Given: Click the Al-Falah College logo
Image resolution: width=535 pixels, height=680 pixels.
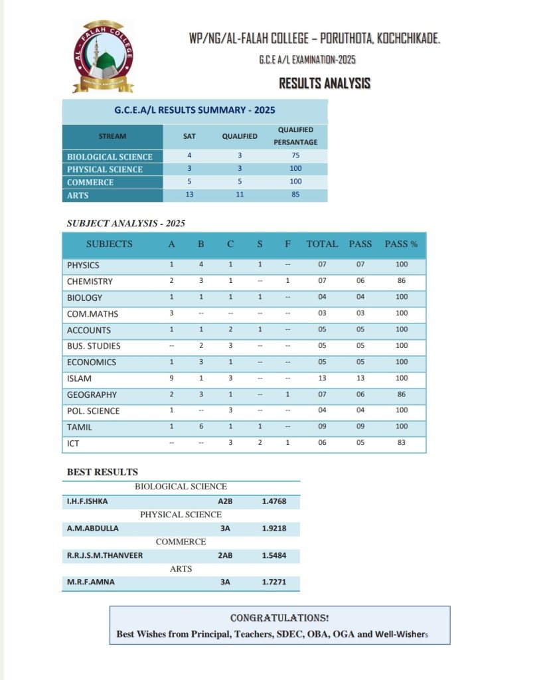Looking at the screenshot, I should tap(103, 56).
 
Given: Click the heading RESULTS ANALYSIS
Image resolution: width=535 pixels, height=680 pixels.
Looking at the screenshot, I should tap(324, 84).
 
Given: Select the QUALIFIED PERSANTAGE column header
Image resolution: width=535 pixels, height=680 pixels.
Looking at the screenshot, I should tap(295, 136).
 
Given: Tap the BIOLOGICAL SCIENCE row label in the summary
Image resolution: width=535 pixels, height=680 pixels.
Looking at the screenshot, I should tap(110, 157).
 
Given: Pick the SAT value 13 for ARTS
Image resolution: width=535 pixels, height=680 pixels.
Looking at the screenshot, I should tap(189, 195).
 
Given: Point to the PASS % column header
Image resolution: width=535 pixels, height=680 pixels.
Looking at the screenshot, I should tap(401, 244).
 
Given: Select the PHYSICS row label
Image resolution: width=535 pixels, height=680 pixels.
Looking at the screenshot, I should tap(83, 265).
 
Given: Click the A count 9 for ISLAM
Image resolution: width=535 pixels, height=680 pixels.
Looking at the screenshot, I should tap(172, 379).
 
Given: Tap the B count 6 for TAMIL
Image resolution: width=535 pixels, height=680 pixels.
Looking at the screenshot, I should tap(201, 427).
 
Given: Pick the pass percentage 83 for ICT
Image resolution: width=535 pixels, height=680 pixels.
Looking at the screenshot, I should tap(401, 443).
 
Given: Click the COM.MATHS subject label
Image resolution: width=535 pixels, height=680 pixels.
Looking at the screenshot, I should tap(92, 313).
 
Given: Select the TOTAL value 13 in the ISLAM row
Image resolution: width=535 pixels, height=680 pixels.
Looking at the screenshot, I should tap(322, 379).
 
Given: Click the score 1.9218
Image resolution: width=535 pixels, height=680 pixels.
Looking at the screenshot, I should tap(273, 529).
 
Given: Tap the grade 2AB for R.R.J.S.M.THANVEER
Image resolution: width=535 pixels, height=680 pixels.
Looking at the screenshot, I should tap(225, 555).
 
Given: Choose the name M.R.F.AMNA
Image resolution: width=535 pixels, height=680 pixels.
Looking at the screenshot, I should tap(90, 582).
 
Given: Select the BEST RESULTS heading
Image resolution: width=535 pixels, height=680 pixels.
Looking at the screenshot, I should tap(102, 472).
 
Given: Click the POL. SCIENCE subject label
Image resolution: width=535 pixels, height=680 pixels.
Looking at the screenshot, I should tap(94, 411).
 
